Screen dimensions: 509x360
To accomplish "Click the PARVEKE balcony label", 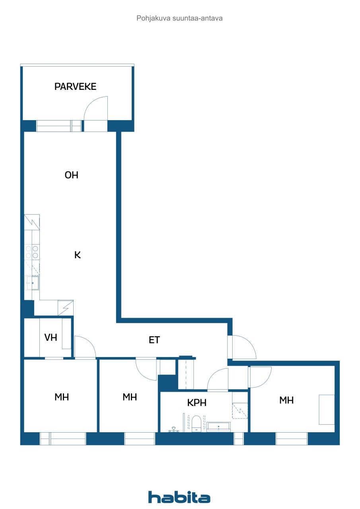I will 75,86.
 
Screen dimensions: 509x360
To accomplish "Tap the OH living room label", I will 72,175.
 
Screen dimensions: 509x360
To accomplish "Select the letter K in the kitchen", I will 78,255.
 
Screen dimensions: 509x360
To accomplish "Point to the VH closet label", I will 51,338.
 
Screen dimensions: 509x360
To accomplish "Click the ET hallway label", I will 154,340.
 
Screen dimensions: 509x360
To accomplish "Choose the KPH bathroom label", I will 197,402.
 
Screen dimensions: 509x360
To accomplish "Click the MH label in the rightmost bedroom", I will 286,400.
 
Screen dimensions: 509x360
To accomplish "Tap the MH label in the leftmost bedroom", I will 62,397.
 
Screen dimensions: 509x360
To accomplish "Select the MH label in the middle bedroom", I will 130,397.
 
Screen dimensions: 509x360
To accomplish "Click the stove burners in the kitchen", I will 32,252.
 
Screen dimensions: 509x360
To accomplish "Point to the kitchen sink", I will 32,283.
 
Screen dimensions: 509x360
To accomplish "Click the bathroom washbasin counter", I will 219,427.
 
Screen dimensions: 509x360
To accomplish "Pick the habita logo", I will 179,497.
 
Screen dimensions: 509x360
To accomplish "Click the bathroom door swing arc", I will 218,379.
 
